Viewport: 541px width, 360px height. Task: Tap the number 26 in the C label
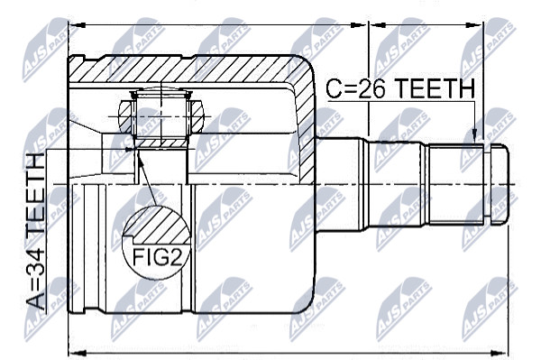pos(371,88)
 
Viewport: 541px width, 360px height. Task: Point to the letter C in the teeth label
pos(335,88)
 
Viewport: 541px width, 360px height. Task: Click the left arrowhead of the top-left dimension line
pos(77,25)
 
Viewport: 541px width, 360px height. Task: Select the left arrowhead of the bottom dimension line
pos(77,353)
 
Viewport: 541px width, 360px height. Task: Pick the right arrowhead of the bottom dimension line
pos(500,353)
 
